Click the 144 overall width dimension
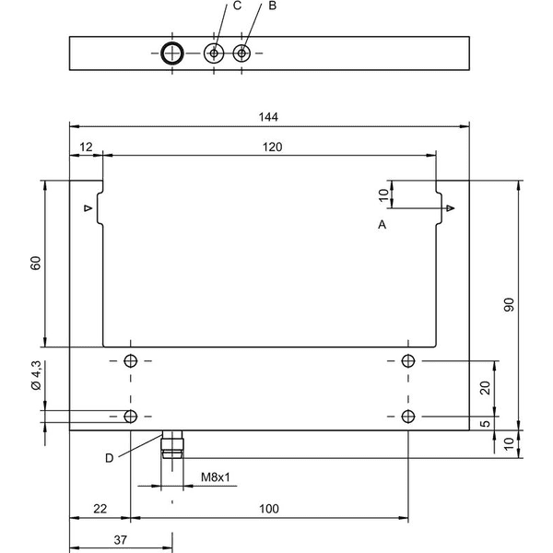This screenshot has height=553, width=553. pyautogui.click(x=268, y=117)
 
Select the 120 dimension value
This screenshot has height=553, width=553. pyautogui.click(x=272, y=147)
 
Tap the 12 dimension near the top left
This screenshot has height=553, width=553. pyautogui.click(x=86, y=147)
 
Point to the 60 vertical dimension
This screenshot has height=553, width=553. pyautogui.click(x=36, y=263)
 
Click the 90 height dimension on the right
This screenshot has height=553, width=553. pyautogui.click(x=509, y=305)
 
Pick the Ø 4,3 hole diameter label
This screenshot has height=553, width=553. pyautogui.click(x=36, y=375)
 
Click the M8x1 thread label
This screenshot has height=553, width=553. pyautogui.click(x=215, y=477)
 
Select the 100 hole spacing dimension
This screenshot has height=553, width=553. pyautogui.click(x=269, y=509)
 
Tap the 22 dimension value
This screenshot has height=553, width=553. pyautogui.click(x=100, y=509)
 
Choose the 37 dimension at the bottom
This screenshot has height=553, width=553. pyautogui.click(x=120, y=540)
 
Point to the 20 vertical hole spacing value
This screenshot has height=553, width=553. pyautogui.click(x=486, y=388)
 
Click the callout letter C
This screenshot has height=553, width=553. pyautogui.click(x=238, y=6)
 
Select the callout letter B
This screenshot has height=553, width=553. pyautogui.click(x=272, y=6)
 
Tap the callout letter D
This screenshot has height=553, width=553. pyautogui.click(x=110, y=458)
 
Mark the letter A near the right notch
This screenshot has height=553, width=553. pyautogui.click(x=382, y=224)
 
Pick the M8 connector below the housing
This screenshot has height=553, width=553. pyautogui.click(x=172, y=444)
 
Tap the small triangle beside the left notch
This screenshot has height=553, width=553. pyautogui.click(x=88, y=208)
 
